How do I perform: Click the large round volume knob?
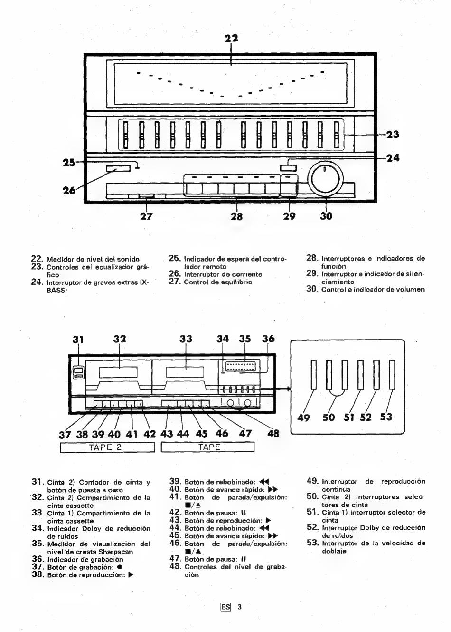click(x=325, y=179)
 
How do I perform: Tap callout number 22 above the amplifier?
click(x=231, y=38)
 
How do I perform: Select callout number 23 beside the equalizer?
click(x=393, y=135)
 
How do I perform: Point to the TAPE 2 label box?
click(x=107, y=447)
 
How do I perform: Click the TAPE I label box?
click(x=207, y=447)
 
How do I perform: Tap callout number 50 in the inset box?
click(x=329, y=417)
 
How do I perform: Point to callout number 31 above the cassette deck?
click(x=78, y=339)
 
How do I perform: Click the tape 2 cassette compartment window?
click(x=118, y=372)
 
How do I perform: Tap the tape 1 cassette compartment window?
click(x=185, y=372)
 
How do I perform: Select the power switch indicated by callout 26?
click(x=118, y=169)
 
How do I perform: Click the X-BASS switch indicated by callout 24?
click(x=289, y=168)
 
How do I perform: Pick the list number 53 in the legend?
click(x=312, y=543)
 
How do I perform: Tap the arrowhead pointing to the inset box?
click(x=289, y=389)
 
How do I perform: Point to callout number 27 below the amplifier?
click(x=146, y=216)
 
